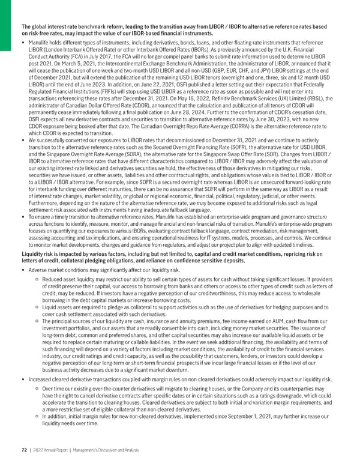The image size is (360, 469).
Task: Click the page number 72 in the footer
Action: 24,449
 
